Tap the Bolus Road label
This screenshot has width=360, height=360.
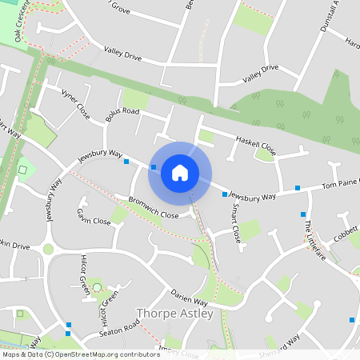coord(122,114)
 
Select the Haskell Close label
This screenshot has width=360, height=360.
coord(255,145)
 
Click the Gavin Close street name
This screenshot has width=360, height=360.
coord(94,216)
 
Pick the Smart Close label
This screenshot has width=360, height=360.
coord(235,223)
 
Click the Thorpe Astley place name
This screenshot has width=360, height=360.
coord(175,314)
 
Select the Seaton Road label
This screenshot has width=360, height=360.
coord(119,327)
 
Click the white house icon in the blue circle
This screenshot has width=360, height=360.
coord(180,173)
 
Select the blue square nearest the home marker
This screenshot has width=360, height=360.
coord(153,167)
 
